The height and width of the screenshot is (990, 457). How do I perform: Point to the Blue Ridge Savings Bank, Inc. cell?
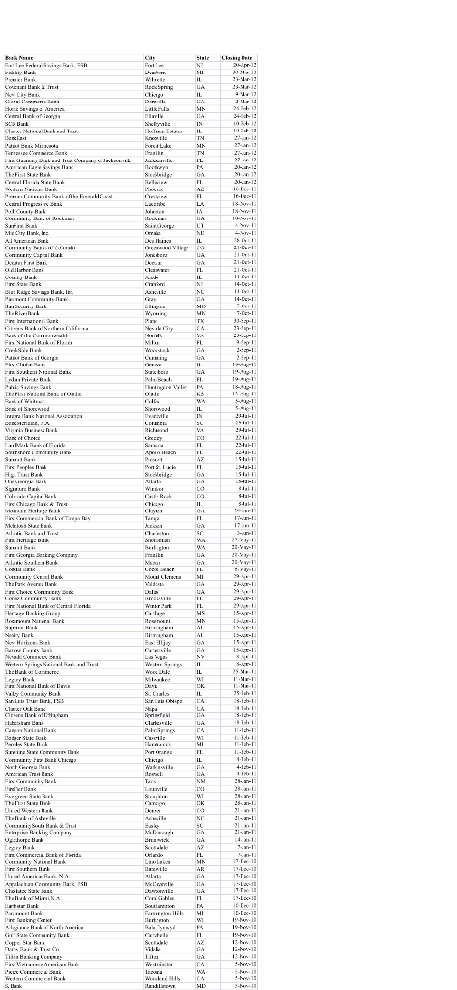point(43,314)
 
